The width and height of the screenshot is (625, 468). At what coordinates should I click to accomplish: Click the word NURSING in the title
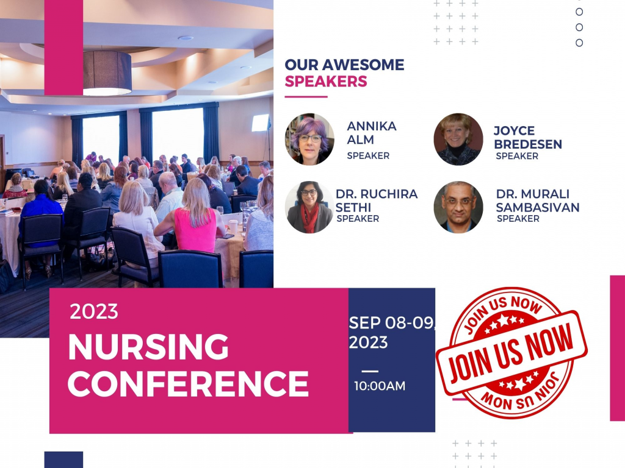[x=148, y=348]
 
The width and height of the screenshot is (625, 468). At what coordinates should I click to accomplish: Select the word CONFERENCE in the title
[x=188, y=384]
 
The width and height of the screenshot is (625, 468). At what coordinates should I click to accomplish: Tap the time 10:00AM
[x=380, y=386]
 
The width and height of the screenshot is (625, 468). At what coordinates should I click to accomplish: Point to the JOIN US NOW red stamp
[x=511, y=353]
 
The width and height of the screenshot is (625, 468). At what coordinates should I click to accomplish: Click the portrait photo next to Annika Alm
[x=309, y=140]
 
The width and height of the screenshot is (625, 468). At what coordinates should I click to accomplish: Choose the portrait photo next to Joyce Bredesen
[x=458, y=140]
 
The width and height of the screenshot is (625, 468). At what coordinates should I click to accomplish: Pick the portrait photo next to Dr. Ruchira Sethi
[x=309, y=207]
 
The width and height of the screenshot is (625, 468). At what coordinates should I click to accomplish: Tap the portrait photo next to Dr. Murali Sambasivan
[x=458, y=207]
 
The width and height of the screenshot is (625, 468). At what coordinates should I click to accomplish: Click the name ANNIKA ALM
[x=371, y=132]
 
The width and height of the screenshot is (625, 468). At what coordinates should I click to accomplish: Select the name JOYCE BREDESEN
[x=527, y=138]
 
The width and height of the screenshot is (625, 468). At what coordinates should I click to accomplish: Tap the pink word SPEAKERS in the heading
[x=326, y=82]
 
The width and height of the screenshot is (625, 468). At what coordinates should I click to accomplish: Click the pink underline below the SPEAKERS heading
[x=306, y=96]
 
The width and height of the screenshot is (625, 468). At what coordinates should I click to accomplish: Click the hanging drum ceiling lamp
[x=107, y=73]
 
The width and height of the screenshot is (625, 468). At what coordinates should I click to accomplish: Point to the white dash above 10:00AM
[x=370, y=371]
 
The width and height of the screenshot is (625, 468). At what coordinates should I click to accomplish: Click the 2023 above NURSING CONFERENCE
[x=93, y=311]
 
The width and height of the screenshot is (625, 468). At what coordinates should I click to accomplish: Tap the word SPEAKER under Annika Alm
[x=368, y=155]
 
